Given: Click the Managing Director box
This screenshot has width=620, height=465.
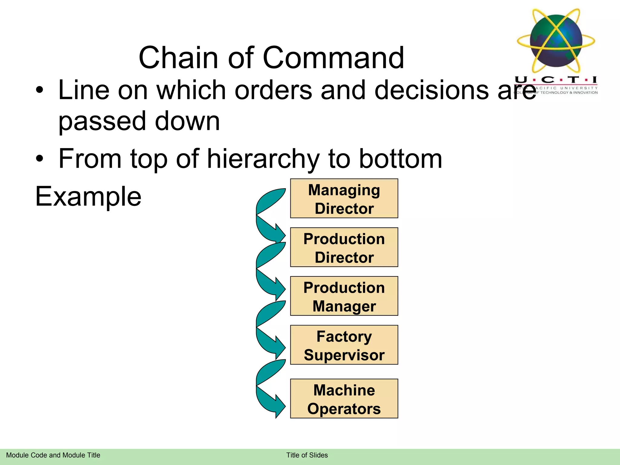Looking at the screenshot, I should (344, 198).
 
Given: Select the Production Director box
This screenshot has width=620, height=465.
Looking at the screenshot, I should (344, 247).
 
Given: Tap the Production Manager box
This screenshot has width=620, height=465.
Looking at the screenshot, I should (344, 296).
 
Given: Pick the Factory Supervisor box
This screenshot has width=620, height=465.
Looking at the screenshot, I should (344, 345).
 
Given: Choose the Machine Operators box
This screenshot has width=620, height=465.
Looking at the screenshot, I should (344, 398).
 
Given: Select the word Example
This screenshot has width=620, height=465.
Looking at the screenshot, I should (88, 196).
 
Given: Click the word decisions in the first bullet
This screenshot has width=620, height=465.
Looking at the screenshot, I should (431, 90).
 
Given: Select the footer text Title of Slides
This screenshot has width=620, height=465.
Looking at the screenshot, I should (307, 455).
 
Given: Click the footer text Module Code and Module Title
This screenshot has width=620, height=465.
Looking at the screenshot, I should (53, 455).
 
